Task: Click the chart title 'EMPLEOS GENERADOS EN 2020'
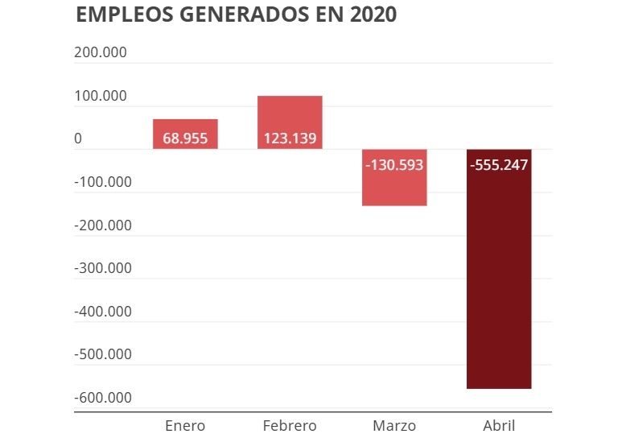coord(236,15)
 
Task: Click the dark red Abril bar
coord(499,282)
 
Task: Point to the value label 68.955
coord(185,138)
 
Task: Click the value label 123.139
coord(290,138)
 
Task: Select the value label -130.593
coord(394,165)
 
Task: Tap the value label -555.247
coord(499,165)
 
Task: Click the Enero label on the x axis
coord(185,425)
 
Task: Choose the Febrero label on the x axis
coord(290,425)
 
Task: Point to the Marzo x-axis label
coord(394,425)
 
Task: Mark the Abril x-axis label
coord(499,425)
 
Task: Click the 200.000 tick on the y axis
coord(101,53)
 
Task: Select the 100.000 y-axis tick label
coord(101,96)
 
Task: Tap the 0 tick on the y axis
coord(78,138)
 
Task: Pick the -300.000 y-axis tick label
coord(102,268)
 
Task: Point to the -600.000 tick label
coord(102,398)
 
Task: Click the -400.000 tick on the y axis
coord(102,312)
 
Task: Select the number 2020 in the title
coord(370,15)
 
